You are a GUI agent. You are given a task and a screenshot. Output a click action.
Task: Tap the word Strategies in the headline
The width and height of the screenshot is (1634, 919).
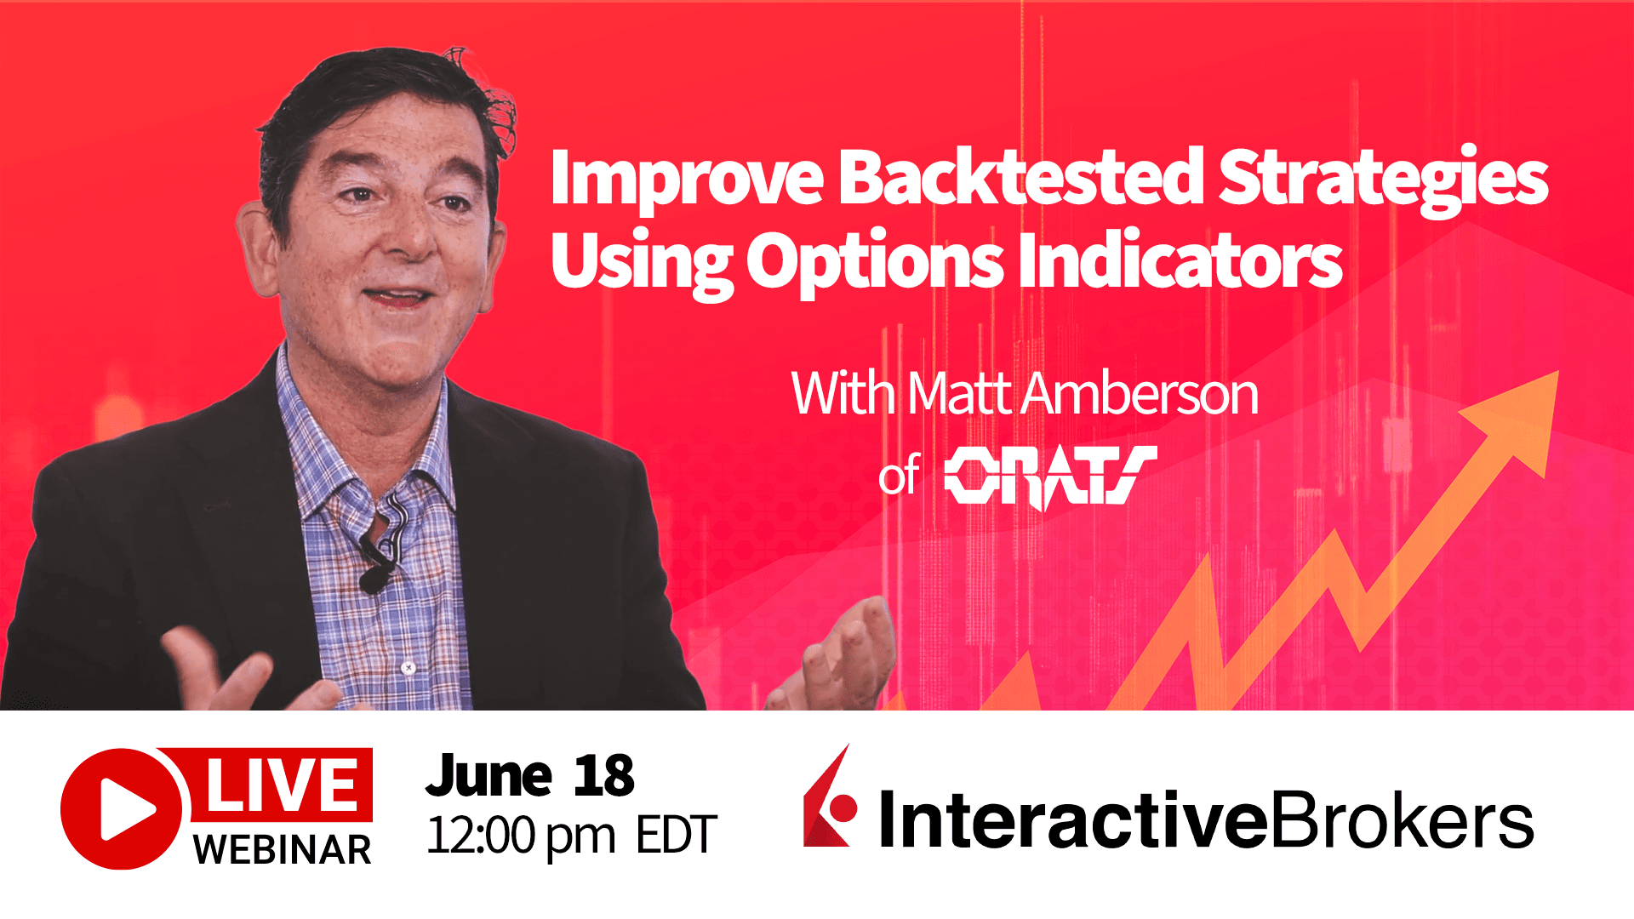[1382, 179]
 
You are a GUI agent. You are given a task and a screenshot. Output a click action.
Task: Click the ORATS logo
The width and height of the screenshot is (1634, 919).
[1050, 476]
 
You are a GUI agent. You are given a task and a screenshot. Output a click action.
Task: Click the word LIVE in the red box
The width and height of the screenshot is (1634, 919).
[282, 785]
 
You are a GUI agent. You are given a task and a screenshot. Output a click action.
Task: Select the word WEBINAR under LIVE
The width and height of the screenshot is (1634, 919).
[282, 849]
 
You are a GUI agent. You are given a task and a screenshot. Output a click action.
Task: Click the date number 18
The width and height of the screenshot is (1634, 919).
[603, 776]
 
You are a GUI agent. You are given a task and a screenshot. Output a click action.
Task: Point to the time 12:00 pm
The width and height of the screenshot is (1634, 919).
[521, 835]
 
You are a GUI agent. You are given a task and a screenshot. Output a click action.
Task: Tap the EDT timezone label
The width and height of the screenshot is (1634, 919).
[677, 835]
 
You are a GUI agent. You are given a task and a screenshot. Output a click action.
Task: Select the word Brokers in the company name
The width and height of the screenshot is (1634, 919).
[1401, 820]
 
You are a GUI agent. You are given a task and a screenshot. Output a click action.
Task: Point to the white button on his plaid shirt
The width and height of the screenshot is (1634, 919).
[408, 668]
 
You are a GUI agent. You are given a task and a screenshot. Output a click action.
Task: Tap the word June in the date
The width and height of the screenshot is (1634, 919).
[488, 776]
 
